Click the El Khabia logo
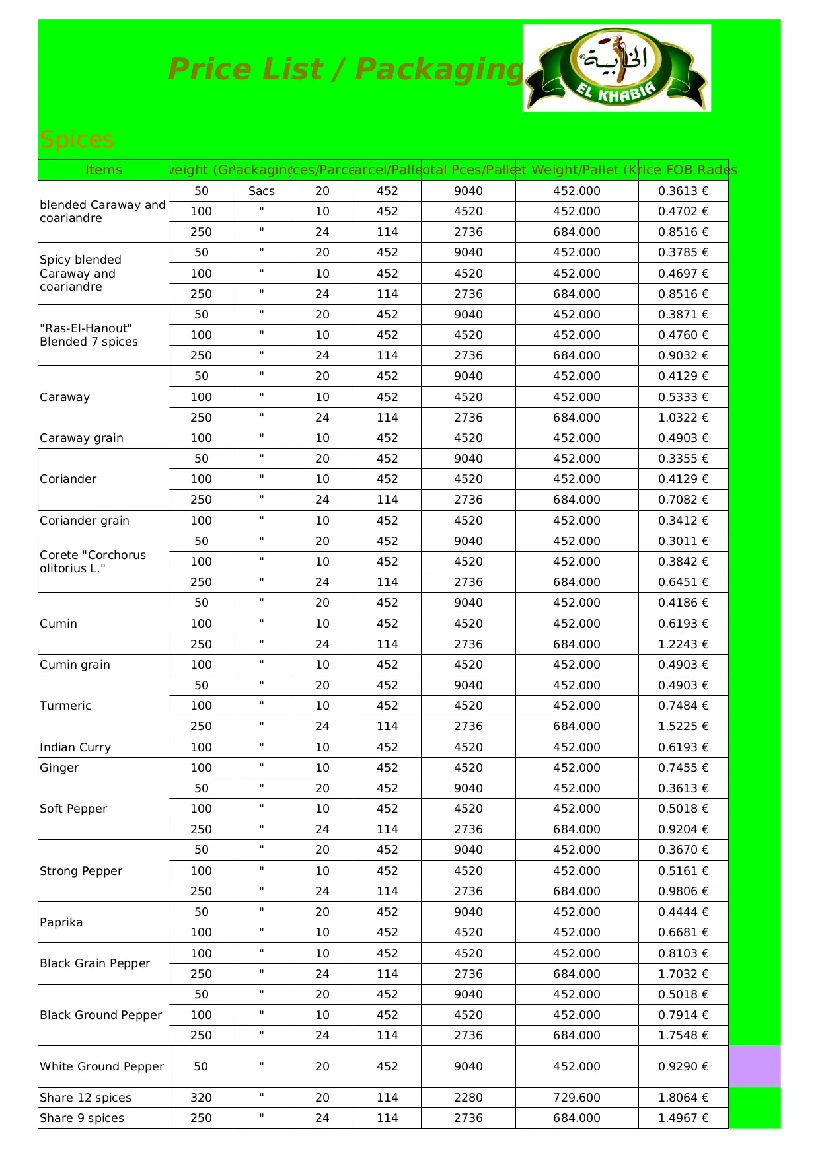[x=616, y=68]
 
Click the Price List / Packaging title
[x=346, y=69]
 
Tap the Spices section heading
[x=77, y=139]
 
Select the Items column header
[x=104, y=170]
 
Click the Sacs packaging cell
[x=262, y=191]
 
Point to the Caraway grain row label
[x=81, y=438]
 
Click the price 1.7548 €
[x=683, y=1035]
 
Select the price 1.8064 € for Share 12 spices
[x=683, y=1098]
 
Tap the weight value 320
[x=201, y=1098]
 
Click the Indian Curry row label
[x=75, y=747]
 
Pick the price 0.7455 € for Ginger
[x=683, y=768]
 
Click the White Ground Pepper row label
[x=102, y=1066]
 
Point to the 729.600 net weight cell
[x=577, y=1098]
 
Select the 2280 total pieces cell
[x=468, y=1098]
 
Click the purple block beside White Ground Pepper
[x=755, y=1066]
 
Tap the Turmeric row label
[x=65, y=706]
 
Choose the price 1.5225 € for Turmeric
[x=683, y=726]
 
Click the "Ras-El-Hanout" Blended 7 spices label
[x=89, y=335]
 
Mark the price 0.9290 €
[x=683, y=1066]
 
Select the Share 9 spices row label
[x=82, y=1118]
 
